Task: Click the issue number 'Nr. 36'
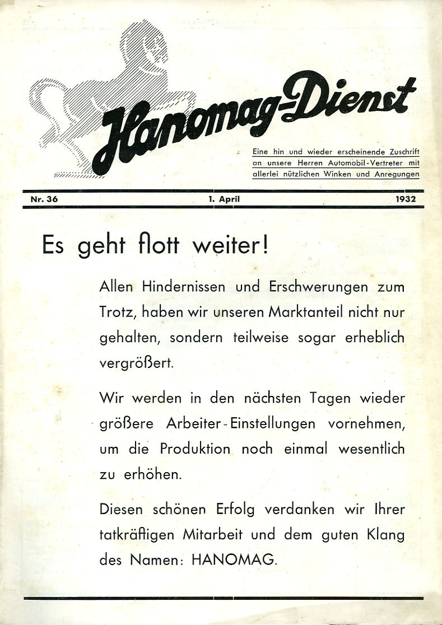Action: tap(40, 198)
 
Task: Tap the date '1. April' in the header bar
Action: tap(224, 198)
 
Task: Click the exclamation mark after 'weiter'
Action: tap(264, 246)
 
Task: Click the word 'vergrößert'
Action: tap(137, 362)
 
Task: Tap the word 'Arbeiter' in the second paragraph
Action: tap(193, 423)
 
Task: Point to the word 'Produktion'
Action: tap(194, 449)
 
